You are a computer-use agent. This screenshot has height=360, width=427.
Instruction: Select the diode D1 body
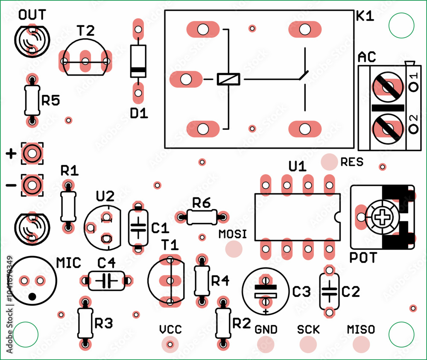tap(138, 61)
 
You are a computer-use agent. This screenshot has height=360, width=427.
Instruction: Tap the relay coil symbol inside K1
tap(228, 79)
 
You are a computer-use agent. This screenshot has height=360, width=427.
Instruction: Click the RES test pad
tap(329, 162)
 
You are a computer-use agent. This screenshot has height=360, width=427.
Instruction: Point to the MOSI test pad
tap(234, 249)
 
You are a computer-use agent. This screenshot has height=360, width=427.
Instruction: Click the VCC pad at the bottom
tap(170, 344)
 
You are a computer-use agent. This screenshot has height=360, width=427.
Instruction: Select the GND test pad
tap(266, 344)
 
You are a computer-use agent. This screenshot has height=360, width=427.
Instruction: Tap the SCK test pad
tap(308, 344)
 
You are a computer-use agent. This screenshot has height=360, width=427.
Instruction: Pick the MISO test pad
tap(361, 344)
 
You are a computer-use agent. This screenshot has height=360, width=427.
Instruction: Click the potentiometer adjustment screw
tap(380, 217)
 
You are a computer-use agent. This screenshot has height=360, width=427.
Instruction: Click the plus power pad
tap(32, 153)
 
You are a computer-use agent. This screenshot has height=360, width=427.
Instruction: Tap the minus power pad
tap(32, 185)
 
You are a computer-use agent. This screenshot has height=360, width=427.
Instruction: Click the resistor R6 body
tap(202, 217)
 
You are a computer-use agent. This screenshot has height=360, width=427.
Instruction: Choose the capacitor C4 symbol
tap(106, 281)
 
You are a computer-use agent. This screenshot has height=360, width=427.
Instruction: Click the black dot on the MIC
tap(32, 296)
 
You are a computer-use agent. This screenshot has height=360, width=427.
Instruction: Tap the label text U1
tap(297, 166)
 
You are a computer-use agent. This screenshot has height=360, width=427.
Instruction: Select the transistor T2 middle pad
tap(85, 61)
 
